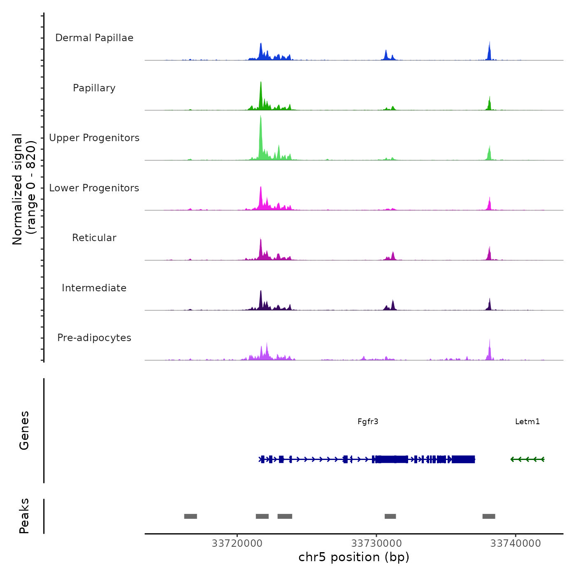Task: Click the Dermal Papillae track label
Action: (94, 38)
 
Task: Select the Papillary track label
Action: (94, 88)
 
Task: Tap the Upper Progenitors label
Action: (94, 138)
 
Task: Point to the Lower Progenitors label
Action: (94, 188)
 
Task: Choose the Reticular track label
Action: (94, 238)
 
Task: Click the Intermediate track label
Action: (94, 288)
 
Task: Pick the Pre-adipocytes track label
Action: (94, 338)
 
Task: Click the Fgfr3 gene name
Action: (368, 422)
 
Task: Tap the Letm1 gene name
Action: (527, 422)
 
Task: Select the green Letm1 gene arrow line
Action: (527, 459)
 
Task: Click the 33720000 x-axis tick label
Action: (237, 543)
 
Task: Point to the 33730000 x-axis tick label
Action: (376, 543)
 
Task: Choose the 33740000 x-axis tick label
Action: (516, 543)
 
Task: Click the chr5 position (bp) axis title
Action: (354, 557)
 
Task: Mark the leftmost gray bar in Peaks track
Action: (190, 516)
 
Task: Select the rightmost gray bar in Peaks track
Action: (489, 516)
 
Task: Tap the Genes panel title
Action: (24, 430)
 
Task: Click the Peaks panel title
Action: (24, 516)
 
